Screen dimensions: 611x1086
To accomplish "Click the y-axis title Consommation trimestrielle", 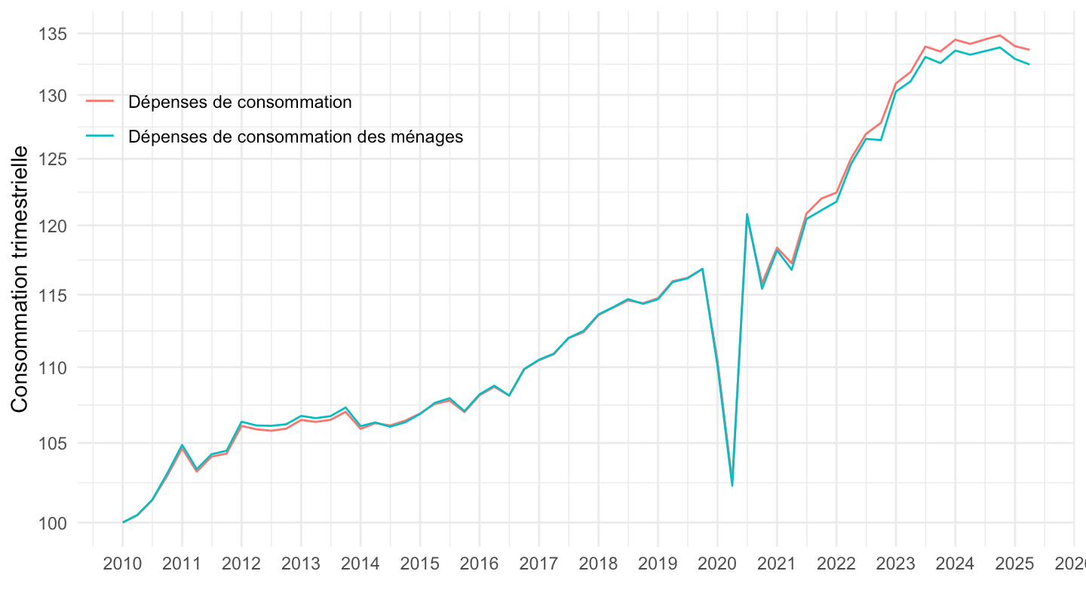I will [20, 279].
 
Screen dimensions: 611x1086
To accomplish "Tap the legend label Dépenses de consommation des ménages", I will [296, 137].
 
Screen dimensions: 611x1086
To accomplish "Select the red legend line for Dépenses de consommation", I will [100, 101].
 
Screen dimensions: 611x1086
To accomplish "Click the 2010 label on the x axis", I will [123, 565].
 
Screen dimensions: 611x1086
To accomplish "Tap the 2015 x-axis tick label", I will [420, 565].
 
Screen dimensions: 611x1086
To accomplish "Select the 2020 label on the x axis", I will [717, 565].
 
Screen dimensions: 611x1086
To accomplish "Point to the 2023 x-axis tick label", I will [895, 565].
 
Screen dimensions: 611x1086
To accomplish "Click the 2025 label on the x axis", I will [1014, 565].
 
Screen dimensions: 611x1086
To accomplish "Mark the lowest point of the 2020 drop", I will [732, 485].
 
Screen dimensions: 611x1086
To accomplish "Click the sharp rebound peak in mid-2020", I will [747, 213].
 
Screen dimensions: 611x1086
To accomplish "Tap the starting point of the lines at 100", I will [123, 522].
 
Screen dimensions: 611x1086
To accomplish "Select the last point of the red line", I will [1029, 50].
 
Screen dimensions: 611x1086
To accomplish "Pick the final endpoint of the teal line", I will [1029, 64].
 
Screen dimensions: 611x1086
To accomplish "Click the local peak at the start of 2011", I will [183, 445].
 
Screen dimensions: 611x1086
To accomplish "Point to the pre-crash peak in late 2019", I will [702, 269].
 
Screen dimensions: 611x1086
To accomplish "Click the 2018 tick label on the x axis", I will [598, 565].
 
